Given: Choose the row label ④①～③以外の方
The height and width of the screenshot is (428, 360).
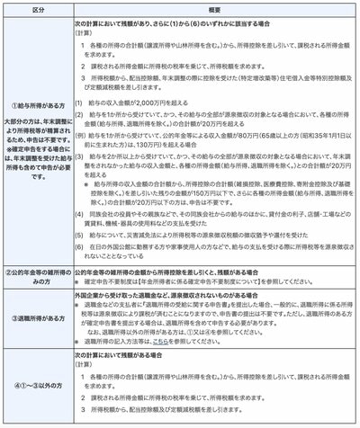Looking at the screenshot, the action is [x=36, y=388].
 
